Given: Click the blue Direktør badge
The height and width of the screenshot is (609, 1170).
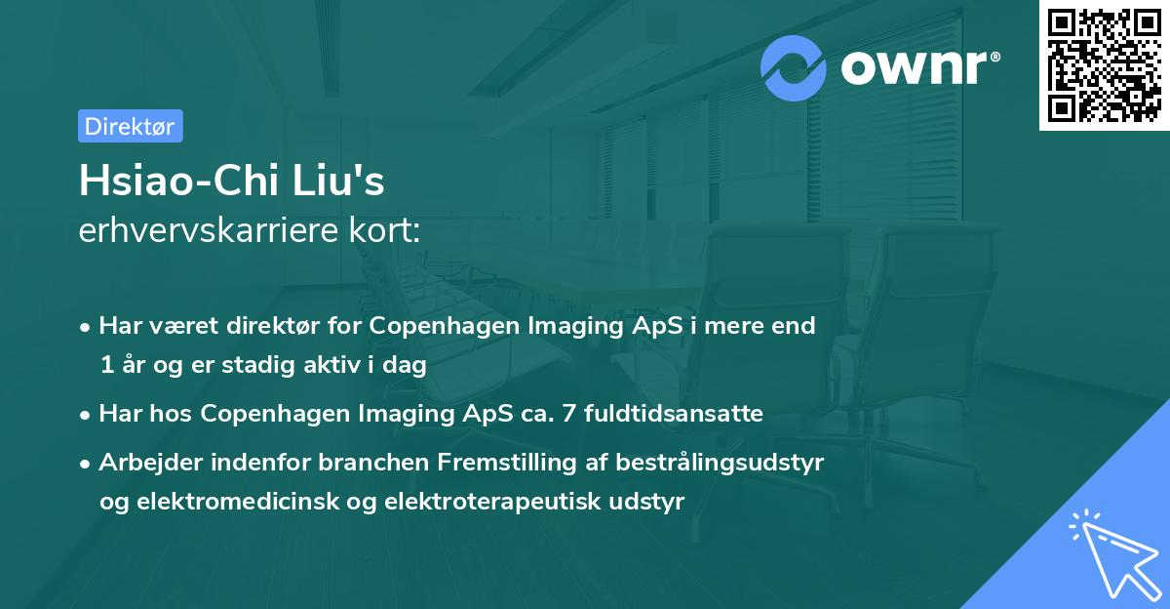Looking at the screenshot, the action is pos(131,126).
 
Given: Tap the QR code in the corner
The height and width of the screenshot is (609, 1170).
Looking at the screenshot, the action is pos(1104,65).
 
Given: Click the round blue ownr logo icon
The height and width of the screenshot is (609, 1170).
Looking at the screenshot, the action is pos(793,68).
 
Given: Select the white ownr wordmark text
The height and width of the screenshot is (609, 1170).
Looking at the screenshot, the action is pos(920,67).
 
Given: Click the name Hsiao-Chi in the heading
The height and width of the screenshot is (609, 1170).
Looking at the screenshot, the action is pos(177,181).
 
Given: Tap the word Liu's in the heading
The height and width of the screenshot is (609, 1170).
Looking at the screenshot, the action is pos(338,181).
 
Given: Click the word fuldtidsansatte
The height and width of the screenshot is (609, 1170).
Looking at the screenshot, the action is pos(674,414).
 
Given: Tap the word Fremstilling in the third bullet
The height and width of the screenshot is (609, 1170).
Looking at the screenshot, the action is pos(507,463).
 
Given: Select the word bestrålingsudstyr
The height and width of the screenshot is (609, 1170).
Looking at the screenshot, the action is pos(720,463).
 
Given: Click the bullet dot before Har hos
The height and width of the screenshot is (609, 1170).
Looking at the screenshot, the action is pos(85,416).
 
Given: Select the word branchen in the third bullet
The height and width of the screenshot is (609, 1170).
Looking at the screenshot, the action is pos(373,462).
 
